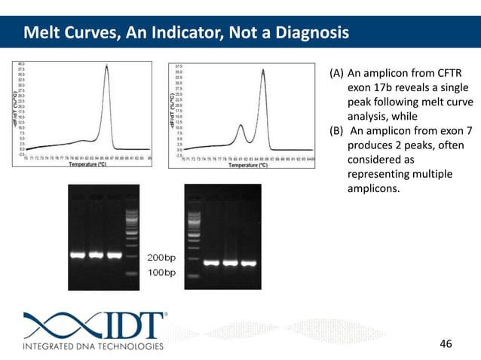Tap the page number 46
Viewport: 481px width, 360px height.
point(446,344)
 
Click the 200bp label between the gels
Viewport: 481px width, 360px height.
point(161,257)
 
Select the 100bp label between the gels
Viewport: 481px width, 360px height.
point(161,271)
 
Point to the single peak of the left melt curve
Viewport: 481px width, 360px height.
point(106,68)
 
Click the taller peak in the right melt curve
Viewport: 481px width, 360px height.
point(263,72)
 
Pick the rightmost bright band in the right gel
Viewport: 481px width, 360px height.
point(248,263)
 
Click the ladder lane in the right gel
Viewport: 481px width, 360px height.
point(195,233)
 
